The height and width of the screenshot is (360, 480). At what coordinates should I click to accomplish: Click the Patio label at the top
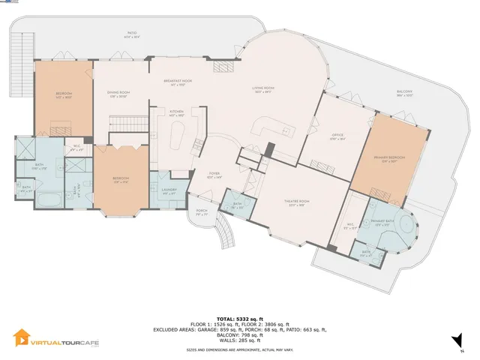point(131,34)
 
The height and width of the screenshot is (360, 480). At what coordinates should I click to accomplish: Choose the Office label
point(337,136)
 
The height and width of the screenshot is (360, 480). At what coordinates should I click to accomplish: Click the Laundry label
point(169,189)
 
